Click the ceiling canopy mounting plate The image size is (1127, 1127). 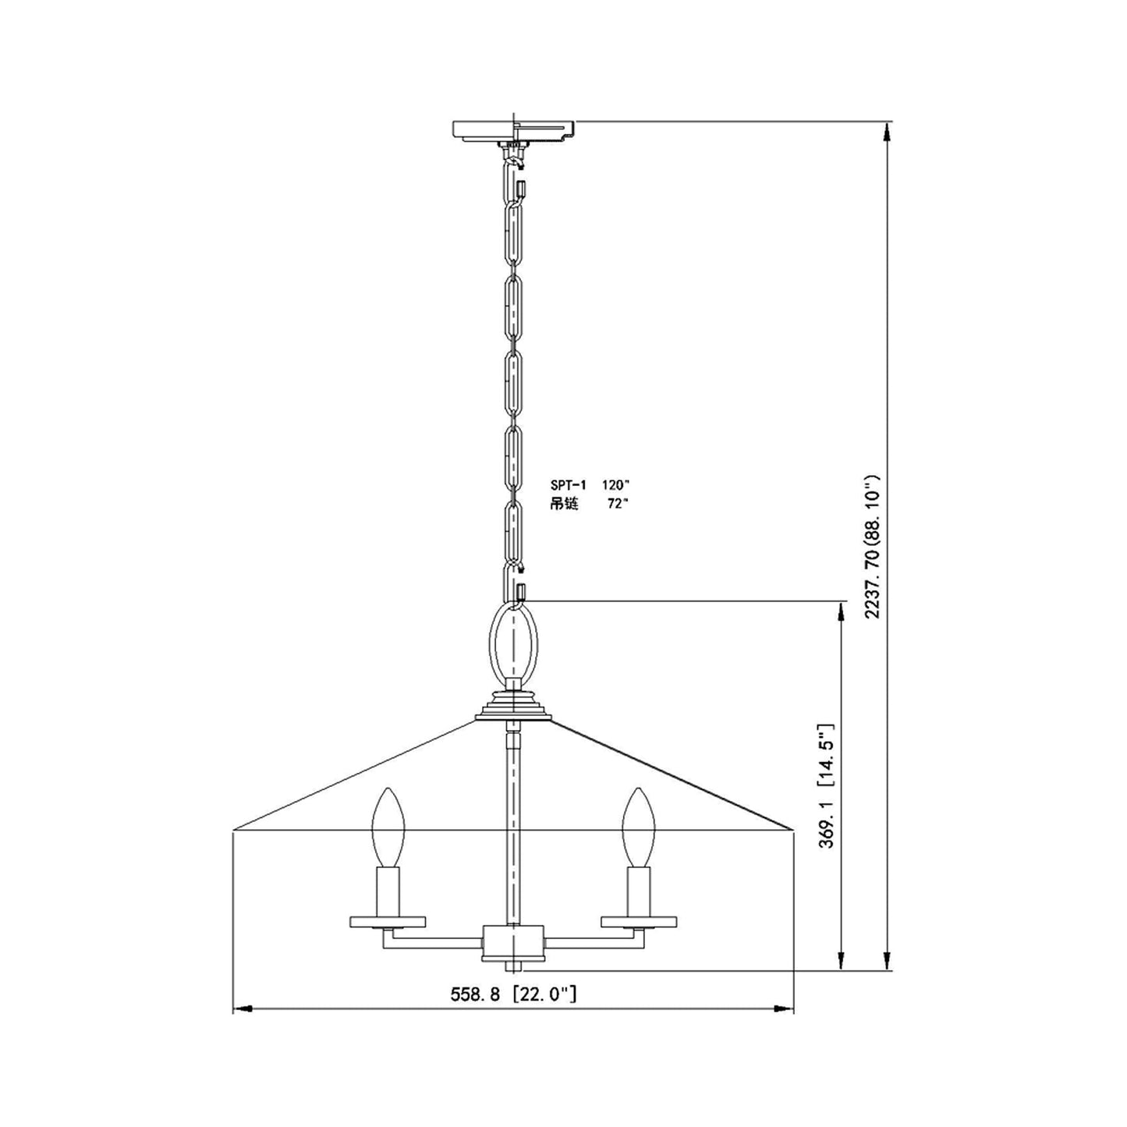coord(514,130)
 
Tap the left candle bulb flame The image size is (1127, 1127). coord(388,827)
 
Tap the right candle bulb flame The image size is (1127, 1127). coord(638,827)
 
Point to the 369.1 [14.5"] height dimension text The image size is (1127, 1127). coord(828,785)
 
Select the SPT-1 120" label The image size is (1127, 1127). coord(589,484)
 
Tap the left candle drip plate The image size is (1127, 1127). coord(388,922)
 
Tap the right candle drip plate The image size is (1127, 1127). coord(638,922)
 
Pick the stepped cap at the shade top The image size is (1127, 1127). coord(513,707)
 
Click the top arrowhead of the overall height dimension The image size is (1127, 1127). coord(886,133)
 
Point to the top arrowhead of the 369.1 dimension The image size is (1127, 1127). coord(842,611)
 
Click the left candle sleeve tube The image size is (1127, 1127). coord(388,891)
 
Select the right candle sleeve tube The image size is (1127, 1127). coord(638,891)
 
